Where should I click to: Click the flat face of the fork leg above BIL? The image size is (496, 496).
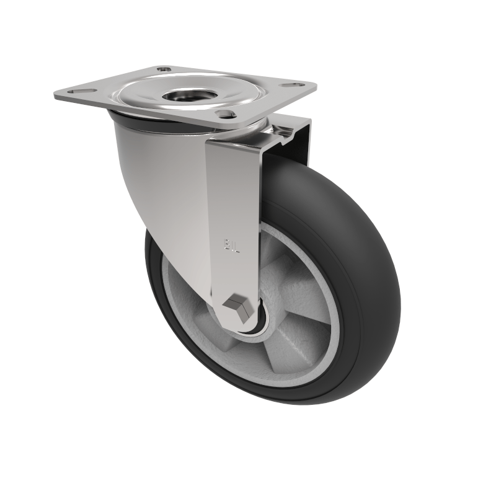point(232,186)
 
